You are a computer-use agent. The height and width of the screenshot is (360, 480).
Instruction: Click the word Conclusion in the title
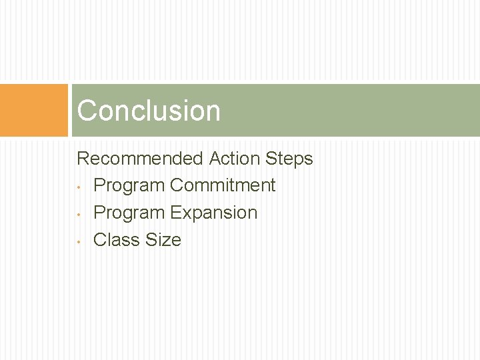pyautogui.click(x=148, y=111)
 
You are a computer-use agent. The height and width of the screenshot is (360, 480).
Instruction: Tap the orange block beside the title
pyautogui.click(x=34, y=111)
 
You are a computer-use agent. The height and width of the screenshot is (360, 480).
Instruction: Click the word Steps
pyautogui.click(x=289, y=159)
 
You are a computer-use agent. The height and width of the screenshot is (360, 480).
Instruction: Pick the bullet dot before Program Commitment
pyautogui.click(x=79, y=187)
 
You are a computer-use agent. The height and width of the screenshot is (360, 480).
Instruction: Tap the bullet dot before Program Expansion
pyautogui.click(x=79, y=214)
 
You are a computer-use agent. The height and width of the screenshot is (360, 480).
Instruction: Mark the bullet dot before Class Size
pyautogui.click(x=79, y=241)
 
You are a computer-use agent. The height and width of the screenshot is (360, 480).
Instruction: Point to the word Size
pyautogui.click(x=163, y=240)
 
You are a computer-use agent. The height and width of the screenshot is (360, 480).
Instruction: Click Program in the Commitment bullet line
pyautogui.click(x=129, y=185)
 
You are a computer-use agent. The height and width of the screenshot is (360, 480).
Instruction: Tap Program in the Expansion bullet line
pyautogui.click(x=129, y=213)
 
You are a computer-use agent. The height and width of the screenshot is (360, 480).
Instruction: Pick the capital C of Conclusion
pyautogui.click(x=87, y=111)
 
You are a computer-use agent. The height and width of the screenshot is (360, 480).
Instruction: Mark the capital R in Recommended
pyautogui.click(x=83, y=159)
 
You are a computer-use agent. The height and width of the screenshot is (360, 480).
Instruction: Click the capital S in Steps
pyautogui.click(x=271, y=159)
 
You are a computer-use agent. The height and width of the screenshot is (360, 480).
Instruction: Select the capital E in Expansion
pyautogui.click(x=175, y=213)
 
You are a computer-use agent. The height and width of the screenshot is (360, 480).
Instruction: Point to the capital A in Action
pyautogui.click(x=215, y=159)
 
